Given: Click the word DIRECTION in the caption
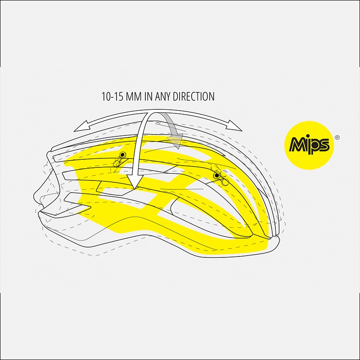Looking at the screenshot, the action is coord(193,96).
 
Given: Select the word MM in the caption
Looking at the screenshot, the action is coord(134,96).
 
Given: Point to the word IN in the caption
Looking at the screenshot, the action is coord(148,96).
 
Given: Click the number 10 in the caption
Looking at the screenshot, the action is coord(106,96).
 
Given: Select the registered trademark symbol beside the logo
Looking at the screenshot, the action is coord(337,138).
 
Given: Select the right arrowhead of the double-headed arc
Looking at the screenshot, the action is coord(234,126).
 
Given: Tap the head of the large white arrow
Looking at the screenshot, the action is coord(135,182).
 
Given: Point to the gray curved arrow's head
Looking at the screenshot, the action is coord(175,140).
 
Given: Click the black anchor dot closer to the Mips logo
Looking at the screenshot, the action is coord(217,175).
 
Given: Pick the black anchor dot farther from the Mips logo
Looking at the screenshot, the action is coord(123,154).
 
